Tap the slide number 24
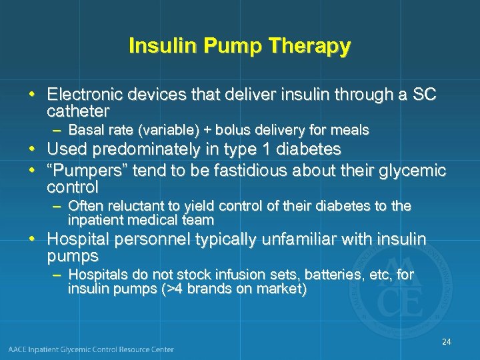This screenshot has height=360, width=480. click(446, 342)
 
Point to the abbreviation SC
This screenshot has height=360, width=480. click(424, 94)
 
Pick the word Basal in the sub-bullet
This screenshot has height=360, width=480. click(85, 129)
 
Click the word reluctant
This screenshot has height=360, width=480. click(131, 206)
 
